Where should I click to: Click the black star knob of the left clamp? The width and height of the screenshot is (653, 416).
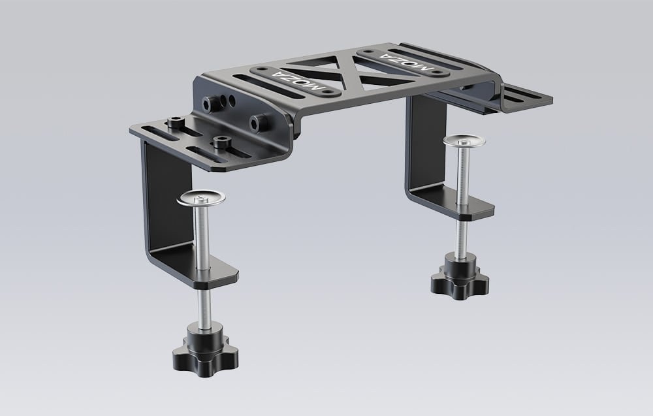coord(205,355)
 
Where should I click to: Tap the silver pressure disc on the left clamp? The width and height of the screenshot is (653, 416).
coord(201,199)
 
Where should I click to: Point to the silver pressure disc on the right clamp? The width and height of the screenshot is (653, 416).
coord(464,140)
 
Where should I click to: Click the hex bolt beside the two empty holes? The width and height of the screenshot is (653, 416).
coord(209,104)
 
